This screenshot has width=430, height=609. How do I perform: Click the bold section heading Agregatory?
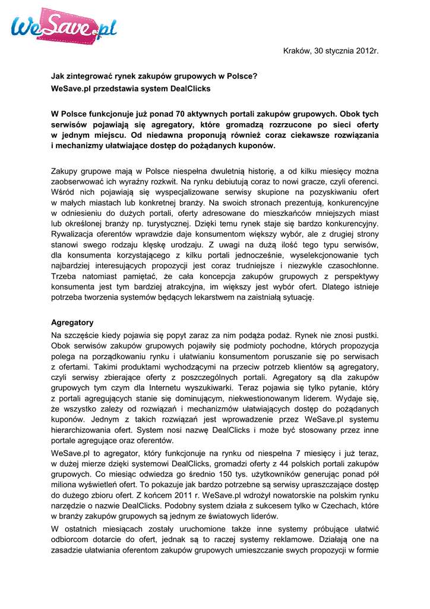[72, 322]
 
